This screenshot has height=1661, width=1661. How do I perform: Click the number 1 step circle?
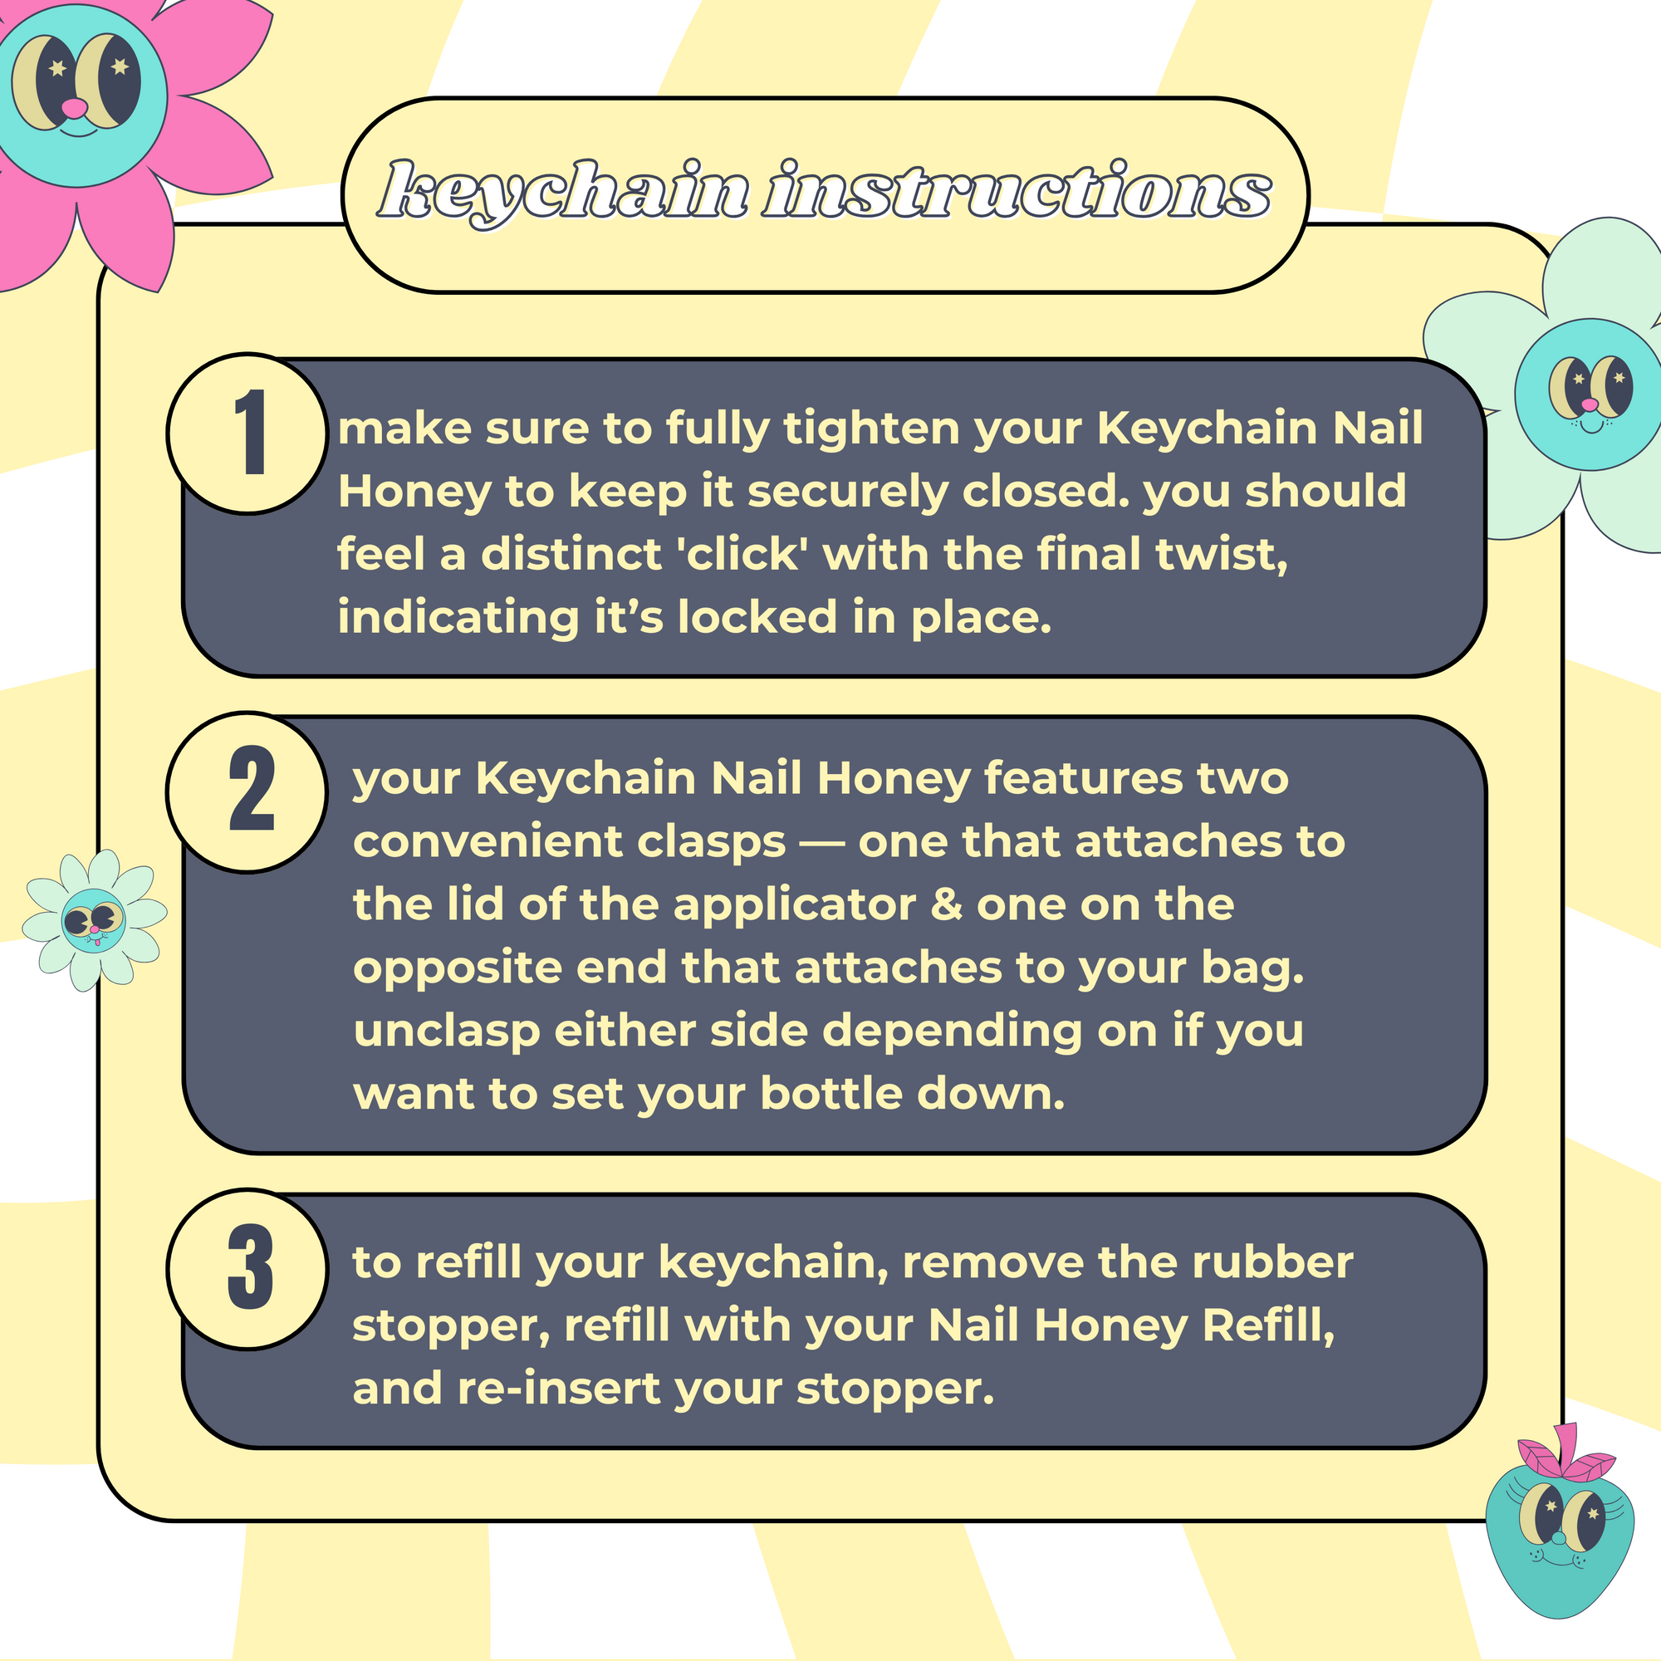[x=247, y=434]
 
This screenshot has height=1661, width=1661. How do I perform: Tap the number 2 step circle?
[x=247, y=791]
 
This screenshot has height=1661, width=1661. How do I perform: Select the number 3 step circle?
[x=247, y=1269]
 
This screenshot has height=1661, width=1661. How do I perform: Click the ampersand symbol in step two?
[x=946, y=904]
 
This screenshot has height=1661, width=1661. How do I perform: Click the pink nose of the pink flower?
[x=76, y=107]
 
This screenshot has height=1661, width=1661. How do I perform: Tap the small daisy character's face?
[x=94, y=921]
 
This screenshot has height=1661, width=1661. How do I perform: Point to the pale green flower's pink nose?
[x=1590, y=404]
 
